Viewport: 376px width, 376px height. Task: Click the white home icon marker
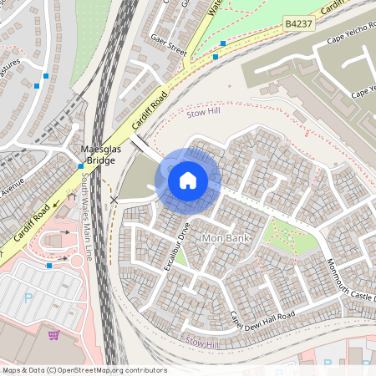[x=188, y=179]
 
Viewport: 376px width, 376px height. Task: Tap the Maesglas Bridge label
[x=97, y=155]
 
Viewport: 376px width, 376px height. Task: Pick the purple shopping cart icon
[x=54, y=335]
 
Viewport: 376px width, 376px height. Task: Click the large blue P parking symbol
[x=28, y=297]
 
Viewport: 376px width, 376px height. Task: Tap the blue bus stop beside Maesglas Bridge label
[x=80, y=165]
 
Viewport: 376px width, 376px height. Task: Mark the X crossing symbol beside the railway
[x=114, y=201]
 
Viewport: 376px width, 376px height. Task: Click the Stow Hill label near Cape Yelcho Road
[x=202, y=111]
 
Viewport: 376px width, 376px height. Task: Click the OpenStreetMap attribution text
[x=84, y=370]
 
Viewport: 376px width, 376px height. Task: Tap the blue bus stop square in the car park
[x=50, y=265]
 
